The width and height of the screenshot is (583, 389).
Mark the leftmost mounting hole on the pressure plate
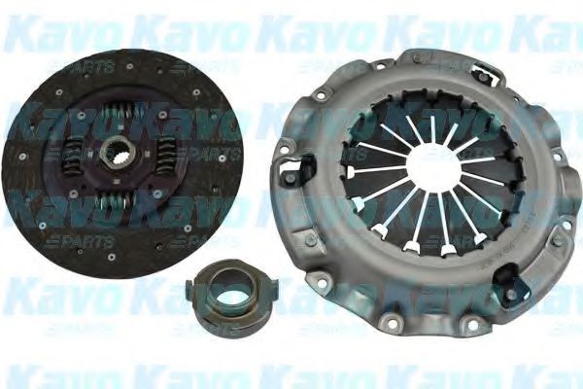click(x=281, y=146)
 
